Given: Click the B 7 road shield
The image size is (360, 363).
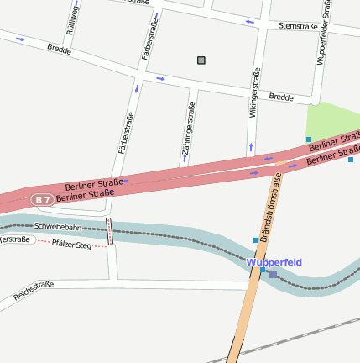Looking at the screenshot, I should point(42,199).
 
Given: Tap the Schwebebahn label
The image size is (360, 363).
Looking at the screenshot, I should point(58,227).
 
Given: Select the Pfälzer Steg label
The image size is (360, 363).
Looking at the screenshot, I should point(71,244).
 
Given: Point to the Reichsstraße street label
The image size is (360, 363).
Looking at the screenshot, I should point(34,290).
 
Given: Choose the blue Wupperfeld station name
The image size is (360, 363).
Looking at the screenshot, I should point(274,262).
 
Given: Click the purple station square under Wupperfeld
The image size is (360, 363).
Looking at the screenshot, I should point(273,274).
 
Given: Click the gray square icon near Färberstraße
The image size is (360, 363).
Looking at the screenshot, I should point(201,60).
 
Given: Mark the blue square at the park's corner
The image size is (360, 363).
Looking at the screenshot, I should point(309,139).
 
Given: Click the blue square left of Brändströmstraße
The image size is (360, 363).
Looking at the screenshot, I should point(256,241).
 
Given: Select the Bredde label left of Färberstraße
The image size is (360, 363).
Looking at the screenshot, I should point(59,50).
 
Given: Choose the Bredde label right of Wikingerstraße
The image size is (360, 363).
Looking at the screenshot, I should point(281,97).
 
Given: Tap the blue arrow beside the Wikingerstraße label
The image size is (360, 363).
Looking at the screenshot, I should point(250,148).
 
